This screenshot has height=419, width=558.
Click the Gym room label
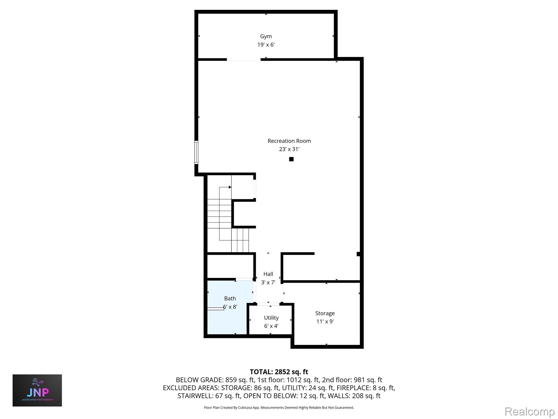pos(266,37)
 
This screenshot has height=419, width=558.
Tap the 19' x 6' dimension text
pos(266,45)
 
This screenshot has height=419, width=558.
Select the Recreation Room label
pos(289,141)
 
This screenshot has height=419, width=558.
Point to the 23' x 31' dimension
pos(289,149)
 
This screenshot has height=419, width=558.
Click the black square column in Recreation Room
pos(291,159)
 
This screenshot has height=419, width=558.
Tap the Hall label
pos(268,274)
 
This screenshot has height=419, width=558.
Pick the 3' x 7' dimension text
pos(268,282)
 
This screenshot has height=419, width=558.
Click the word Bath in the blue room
pos(230,299)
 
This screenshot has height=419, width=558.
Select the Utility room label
pos(271,318)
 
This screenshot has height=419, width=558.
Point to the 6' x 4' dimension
pos(271,326)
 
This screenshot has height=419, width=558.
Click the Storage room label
pos(325,313)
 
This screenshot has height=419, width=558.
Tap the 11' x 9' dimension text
pos(325,322)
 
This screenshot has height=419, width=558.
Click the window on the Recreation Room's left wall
pos(196,152)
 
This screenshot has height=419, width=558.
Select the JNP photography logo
pos(37,390)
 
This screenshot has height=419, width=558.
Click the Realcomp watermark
pos(529,412)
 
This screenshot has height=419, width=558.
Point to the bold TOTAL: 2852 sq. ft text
pos(279,372)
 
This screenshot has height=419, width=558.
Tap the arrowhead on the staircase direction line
pos(230,187)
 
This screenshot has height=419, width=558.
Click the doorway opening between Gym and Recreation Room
pos(244,59)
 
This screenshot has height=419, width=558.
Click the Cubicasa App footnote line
pos(279,408)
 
